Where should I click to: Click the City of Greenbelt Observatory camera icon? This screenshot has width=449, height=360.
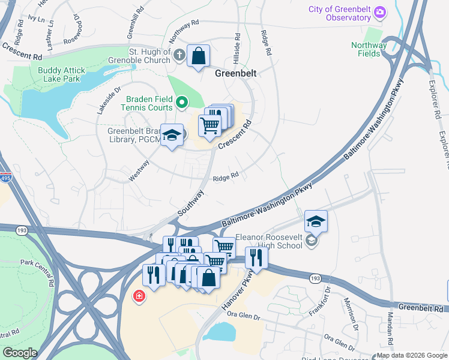379,12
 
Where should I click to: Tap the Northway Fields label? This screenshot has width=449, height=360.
369,49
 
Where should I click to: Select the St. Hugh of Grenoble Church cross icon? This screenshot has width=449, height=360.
179,56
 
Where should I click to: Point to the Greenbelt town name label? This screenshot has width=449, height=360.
236,73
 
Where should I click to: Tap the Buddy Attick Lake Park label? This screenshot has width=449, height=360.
62,74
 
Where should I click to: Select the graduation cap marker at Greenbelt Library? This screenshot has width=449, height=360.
172,136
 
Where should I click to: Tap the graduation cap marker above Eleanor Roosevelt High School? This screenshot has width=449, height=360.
316,222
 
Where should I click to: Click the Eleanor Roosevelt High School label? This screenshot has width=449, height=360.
268,241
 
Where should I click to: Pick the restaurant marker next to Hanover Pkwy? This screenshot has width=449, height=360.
256,257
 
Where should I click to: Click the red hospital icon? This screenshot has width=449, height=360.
139,296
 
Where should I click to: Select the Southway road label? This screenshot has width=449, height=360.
191,204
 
